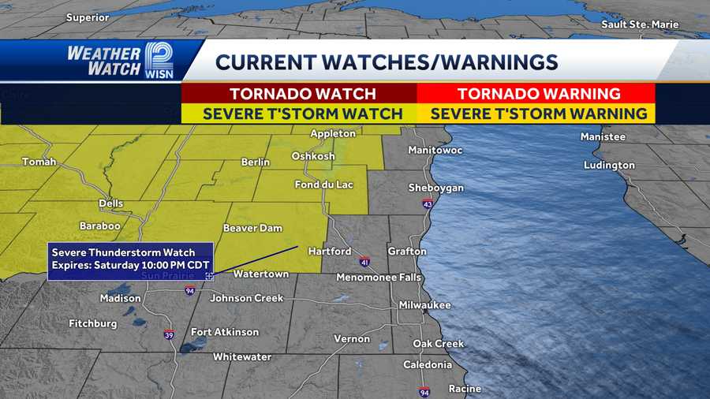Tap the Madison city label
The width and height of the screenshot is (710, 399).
[120, 298]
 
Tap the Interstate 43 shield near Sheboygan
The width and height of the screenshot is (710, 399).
[427, 204]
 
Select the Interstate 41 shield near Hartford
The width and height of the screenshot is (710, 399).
[364, 261]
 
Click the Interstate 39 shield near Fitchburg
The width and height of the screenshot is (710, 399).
[170, 334]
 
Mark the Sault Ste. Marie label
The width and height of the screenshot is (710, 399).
[639, 24]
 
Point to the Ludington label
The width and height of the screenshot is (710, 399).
[609, 166]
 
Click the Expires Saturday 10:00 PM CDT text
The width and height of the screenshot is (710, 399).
[123, 265]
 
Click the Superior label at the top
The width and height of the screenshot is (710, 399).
[88, 17]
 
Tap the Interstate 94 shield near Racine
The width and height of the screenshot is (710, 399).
[424, 392]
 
